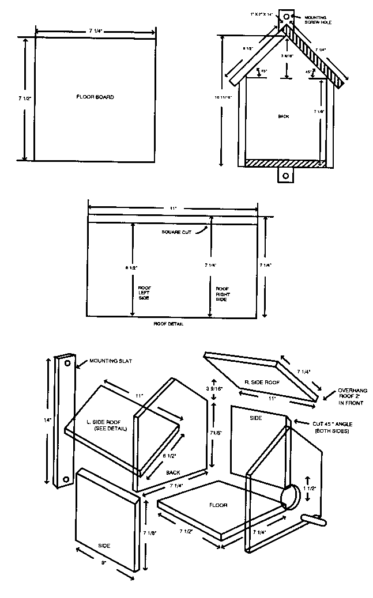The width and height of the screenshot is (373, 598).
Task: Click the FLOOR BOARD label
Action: tap(95, 97)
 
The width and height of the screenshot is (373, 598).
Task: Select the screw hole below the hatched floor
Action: tap(284, 175)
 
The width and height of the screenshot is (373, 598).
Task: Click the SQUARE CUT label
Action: tap(175, 233)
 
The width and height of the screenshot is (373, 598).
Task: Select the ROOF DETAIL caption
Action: tap(169, 324)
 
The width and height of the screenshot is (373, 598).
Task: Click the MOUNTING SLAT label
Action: tap(111, 362)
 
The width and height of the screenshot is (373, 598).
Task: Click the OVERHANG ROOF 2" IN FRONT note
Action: tap(351, 397)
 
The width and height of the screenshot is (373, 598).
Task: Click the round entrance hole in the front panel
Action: tap(292, 497)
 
